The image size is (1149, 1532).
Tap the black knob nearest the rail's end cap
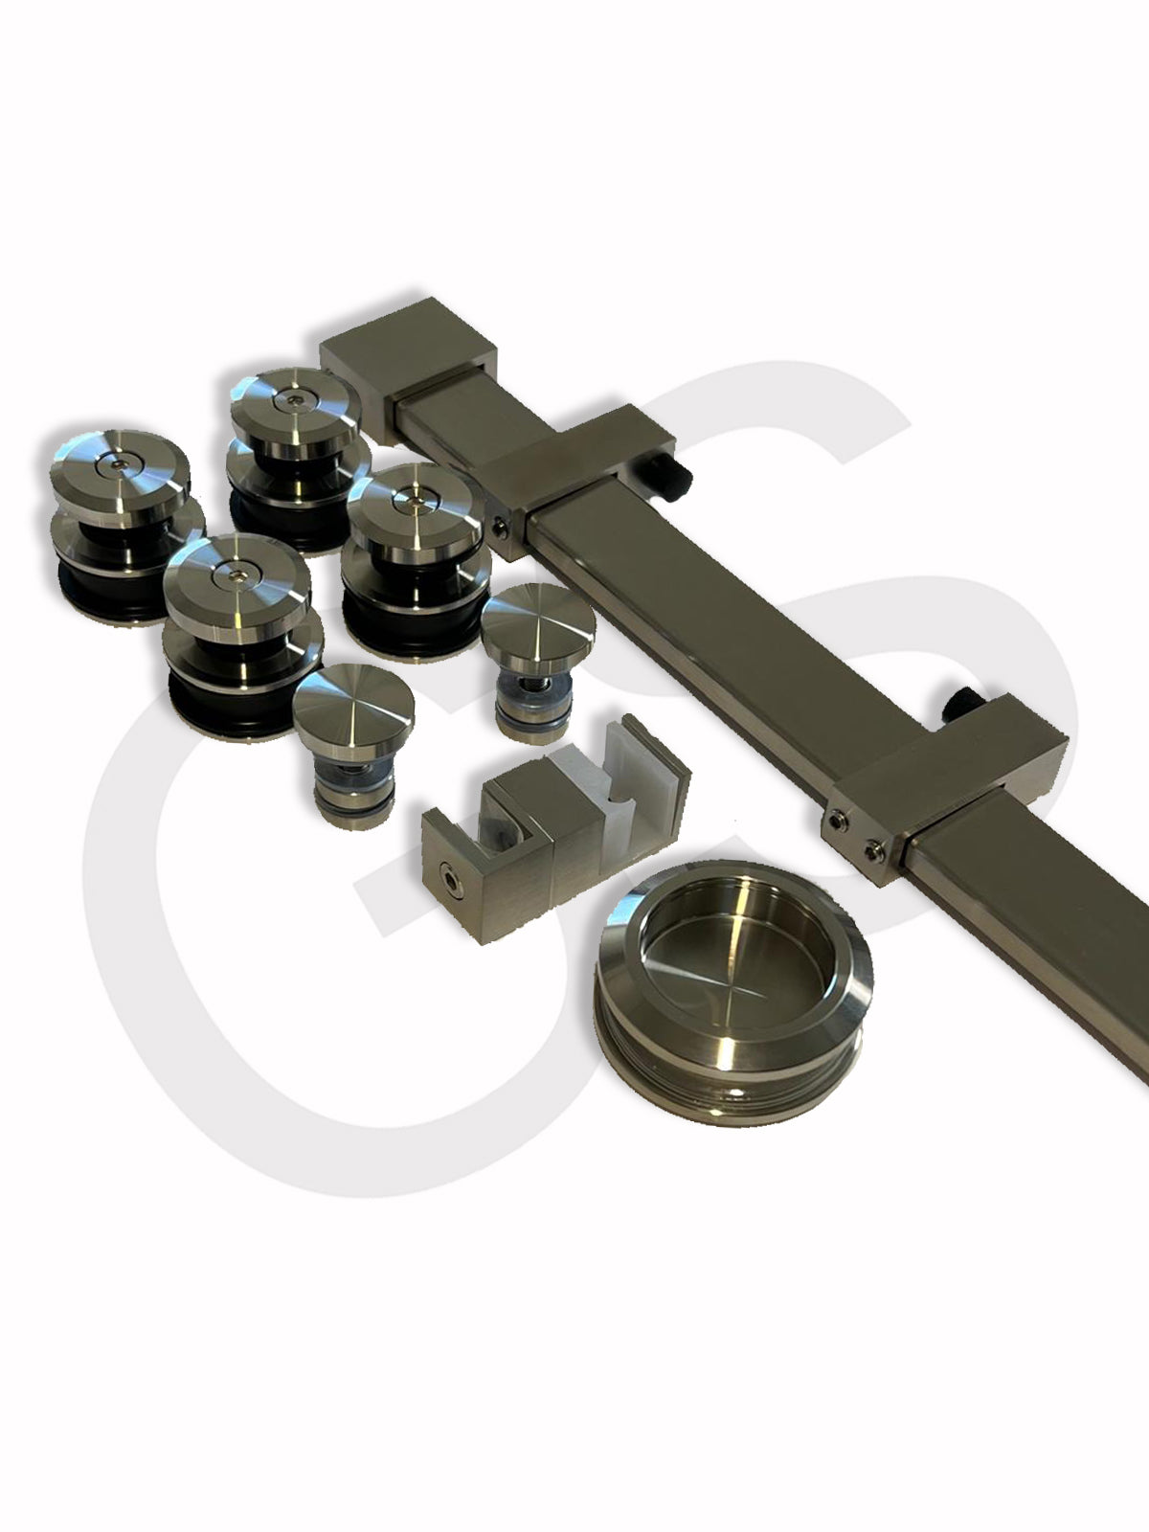(x=673, y=475)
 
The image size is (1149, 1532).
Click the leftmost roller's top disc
(x=120, y=477)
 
